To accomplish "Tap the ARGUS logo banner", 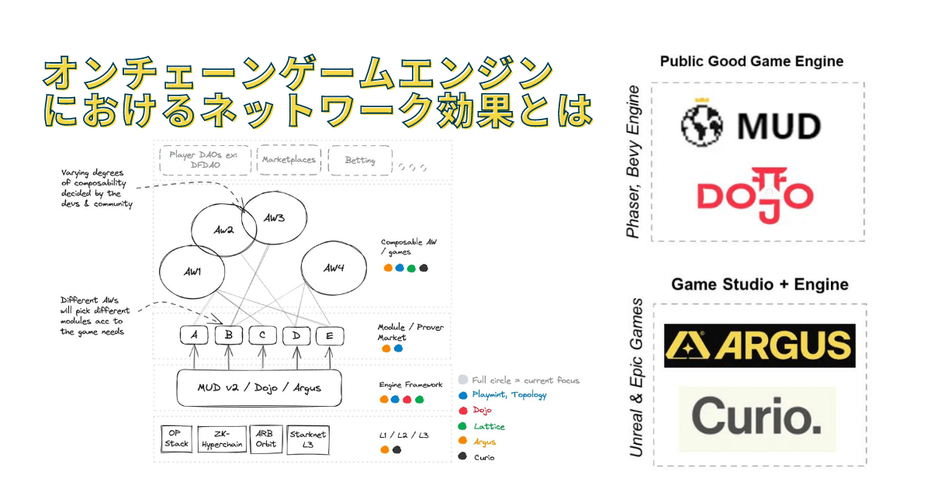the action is click(760, 345).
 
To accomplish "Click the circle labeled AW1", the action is click(192, 274).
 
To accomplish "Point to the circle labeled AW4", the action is click(333, 269).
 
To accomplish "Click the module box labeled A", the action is click(194, 335).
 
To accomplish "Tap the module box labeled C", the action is click(263, 335).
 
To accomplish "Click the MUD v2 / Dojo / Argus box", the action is click(259, 387).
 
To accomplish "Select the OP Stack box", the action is click(176, 439).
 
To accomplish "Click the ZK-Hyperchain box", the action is click(222, 439).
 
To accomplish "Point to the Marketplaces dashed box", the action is click(289, 160).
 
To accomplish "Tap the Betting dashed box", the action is click(359, 161).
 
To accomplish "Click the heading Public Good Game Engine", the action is click(751, 61).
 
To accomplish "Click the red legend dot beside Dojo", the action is click(463, 411).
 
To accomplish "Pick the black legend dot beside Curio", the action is click(463, 456).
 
